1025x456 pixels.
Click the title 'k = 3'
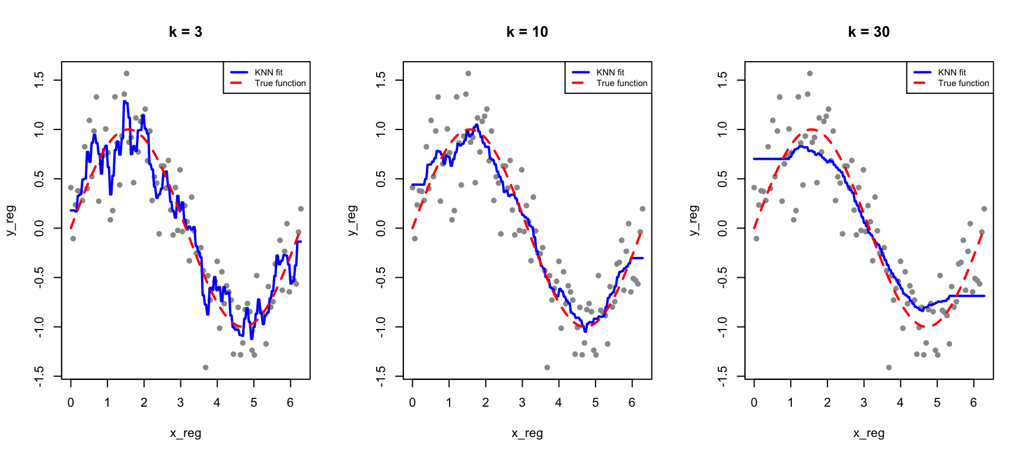tap(186, 32)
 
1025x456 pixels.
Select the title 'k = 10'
tap(527, 32)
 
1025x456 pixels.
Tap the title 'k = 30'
tap(869, 32)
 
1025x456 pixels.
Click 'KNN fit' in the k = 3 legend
tap(269, 72)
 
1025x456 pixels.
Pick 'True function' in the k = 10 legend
tap(622, 83)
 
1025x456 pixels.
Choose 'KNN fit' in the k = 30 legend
tap(952, 72)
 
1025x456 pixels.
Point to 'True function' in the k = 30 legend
tap(963, 83)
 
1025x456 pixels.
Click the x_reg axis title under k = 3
tap(186, 433)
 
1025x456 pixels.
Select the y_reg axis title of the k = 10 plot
tap(352, 220)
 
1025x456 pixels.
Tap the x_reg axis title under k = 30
tap(869, 433)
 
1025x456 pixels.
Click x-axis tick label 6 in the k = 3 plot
tap(290, 403)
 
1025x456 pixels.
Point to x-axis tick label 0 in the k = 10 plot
tap(412, 403)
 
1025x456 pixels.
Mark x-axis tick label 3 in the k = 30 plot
tap(864, 403)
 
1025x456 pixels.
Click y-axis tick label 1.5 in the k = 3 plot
tap(39, 80)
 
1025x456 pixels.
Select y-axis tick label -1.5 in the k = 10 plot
tap(381, 376)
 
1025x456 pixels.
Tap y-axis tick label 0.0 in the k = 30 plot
tap(722, 228)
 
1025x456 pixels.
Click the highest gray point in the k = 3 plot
tap(126, 74)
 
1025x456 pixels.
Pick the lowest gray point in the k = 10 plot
tap(547, 368)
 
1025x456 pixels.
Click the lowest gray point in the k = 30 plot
tap(889, 368)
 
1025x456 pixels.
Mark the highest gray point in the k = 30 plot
tap(810, 74)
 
